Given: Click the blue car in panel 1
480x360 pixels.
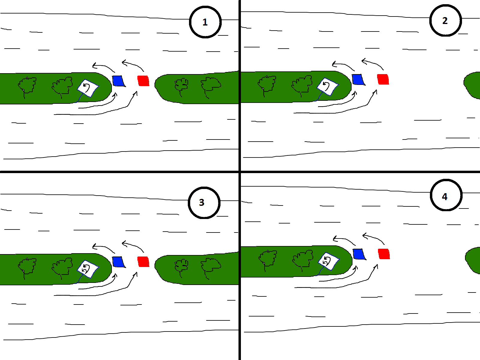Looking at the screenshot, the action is click(119, 81).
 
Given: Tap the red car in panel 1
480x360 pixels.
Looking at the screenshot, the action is click(143, 81).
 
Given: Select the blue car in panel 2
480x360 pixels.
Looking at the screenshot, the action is click(358, 79).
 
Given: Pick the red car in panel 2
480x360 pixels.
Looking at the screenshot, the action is click(383, 79).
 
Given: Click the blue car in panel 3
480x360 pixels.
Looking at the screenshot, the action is click(119, 262).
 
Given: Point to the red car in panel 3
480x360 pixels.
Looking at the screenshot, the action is click(143, 262).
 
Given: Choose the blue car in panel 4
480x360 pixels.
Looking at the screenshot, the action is click(359, 254).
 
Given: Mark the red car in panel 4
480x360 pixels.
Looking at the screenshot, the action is click(384, 254).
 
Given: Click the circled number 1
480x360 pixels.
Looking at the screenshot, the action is click(205, 22).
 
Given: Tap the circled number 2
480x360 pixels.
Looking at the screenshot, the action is click(445, 20).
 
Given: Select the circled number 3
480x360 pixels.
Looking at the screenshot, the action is click(204, 202).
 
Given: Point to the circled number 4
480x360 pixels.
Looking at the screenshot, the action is click(446, 195).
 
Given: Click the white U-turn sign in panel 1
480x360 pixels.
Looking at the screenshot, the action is click(88, 88).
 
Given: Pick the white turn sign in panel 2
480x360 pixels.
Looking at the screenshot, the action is click(328, 87).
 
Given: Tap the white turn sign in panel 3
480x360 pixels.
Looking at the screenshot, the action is click(88, 269).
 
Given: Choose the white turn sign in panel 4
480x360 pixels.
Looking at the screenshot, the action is click(328, 261).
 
